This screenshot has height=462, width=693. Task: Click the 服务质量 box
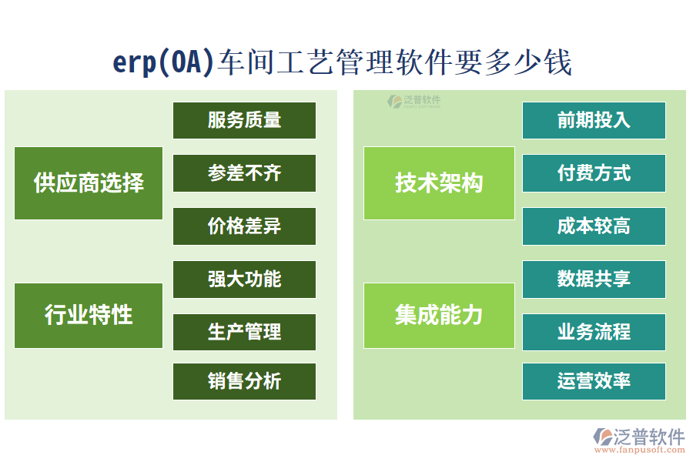[244, 120]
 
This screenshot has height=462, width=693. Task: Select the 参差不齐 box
[244, 173]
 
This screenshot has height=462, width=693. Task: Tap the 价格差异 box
[244, 226]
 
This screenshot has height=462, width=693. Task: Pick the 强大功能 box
[244, 280]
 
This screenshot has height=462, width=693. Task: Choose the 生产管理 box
[244, 332]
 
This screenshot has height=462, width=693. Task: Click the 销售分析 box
[244, 381]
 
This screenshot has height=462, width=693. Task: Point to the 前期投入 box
[594, 120]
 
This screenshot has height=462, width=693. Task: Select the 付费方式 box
[594, 173]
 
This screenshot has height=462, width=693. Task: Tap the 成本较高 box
[594, 226]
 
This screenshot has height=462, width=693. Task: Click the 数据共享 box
[594, 280]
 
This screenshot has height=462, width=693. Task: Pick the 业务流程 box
[594, 332]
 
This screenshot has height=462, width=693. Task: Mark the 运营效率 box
[594, 381]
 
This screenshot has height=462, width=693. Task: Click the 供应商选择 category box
[89, 183]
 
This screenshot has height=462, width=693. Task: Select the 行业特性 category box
[89, 315]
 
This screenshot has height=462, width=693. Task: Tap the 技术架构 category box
[439, 183]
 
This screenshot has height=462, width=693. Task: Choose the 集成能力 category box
[439, 315]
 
